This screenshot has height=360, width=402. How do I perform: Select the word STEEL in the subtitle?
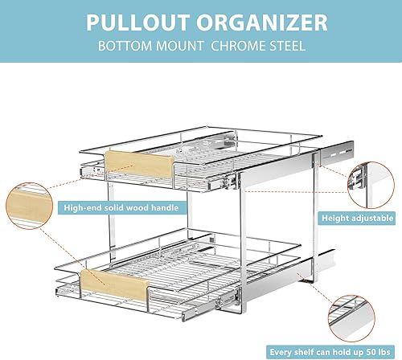tap(286, 46)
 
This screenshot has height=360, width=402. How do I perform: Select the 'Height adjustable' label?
tap(358, 218)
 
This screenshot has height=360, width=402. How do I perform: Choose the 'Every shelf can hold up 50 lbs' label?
tap(334, 352)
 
